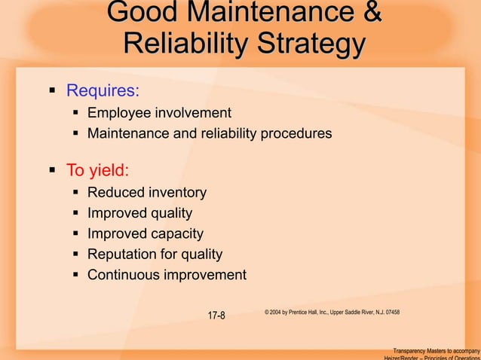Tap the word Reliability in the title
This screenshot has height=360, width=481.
pyautogui.click(x=176, y=44)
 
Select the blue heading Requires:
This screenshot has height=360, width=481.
pyautogui.click(x=103, y=92)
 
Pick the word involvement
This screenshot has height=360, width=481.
pyautogui.click(x=192, y=113)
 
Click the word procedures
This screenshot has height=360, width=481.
pyautogui.click(x=296, y=134)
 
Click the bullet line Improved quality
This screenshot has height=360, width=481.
pyautogui.click(x=139, y=213)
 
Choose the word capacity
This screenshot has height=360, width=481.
pyautogui.click(x=176, y=233)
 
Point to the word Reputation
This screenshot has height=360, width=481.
pyautogui.click(x=122, y=255)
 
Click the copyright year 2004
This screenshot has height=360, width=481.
pyautogui.click(x=279, y=312)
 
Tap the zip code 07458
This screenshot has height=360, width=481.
pyautogui.click(x=391, y=312)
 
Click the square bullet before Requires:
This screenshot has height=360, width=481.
pyautogui.click(x=52, y=92)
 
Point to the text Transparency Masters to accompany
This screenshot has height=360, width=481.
pyautogui.click(x=436, y=350)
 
